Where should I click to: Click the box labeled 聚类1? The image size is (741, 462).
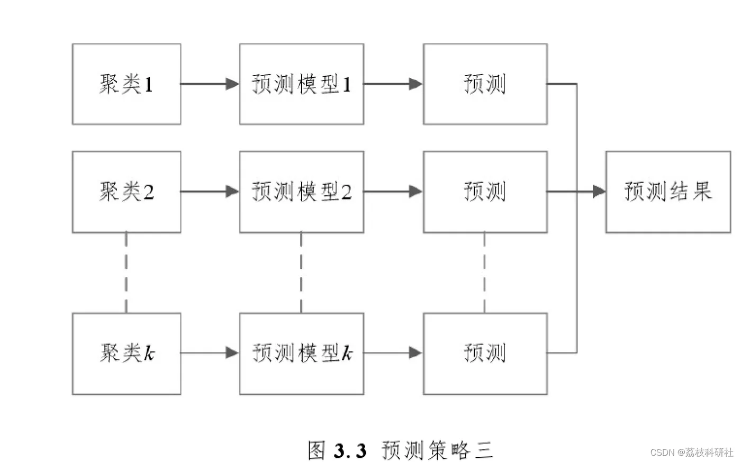126,84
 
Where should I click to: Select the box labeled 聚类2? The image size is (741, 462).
126,192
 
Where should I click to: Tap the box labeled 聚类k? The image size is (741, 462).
126,354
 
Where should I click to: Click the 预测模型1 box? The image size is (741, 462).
302,84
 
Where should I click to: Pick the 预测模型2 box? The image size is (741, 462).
302,192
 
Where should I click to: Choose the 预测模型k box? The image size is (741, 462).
302,354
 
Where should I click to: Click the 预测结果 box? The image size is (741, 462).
668,192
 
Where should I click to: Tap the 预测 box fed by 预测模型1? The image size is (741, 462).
485,84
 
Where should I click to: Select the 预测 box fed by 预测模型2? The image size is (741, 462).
485,192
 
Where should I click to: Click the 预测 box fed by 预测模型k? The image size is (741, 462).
485,354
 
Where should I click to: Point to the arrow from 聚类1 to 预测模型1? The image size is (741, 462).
210,84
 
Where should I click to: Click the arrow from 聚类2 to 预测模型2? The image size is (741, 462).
210,192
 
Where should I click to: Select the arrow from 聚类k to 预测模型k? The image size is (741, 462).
210,353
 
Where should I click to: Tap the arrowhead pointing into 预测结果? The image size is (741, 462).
599,192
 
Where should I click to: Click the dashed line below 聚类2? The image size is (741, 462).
126,273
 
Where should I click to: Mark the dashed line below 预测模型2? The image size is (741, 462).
301,273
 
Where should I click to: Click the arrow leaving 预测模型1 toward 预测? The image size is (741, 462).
393,84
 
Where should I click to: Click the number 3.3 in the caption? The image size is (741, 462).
350,450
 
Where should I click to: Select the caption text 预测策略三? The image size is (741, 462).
437,450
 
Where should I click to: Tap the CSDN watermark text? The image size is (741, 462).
691,452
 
